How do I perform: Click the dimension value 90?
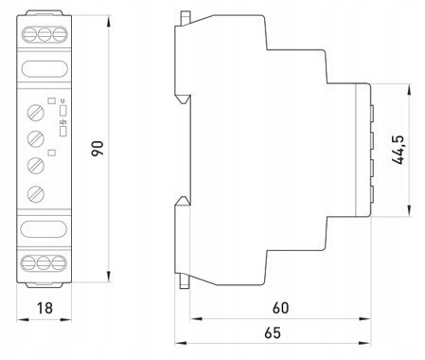tap(97, 149)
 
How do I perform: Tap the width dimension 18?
tap(44, 308)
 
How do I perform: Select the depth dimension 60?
tap(280, 308)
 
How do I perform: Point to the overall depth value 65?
tap(273, 333)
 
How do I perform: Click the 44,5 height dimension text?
tap(398, 150)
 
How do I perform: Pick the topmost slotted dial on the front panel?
tap(36, 113)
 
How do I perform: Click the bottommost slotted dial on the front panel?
tap(36, 194)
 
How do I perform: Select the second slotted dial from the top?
tap(36, 139)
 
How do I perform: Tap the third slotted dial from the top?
tap(36, 166)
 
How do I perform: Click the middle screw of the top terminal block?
tap(44, 34)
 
